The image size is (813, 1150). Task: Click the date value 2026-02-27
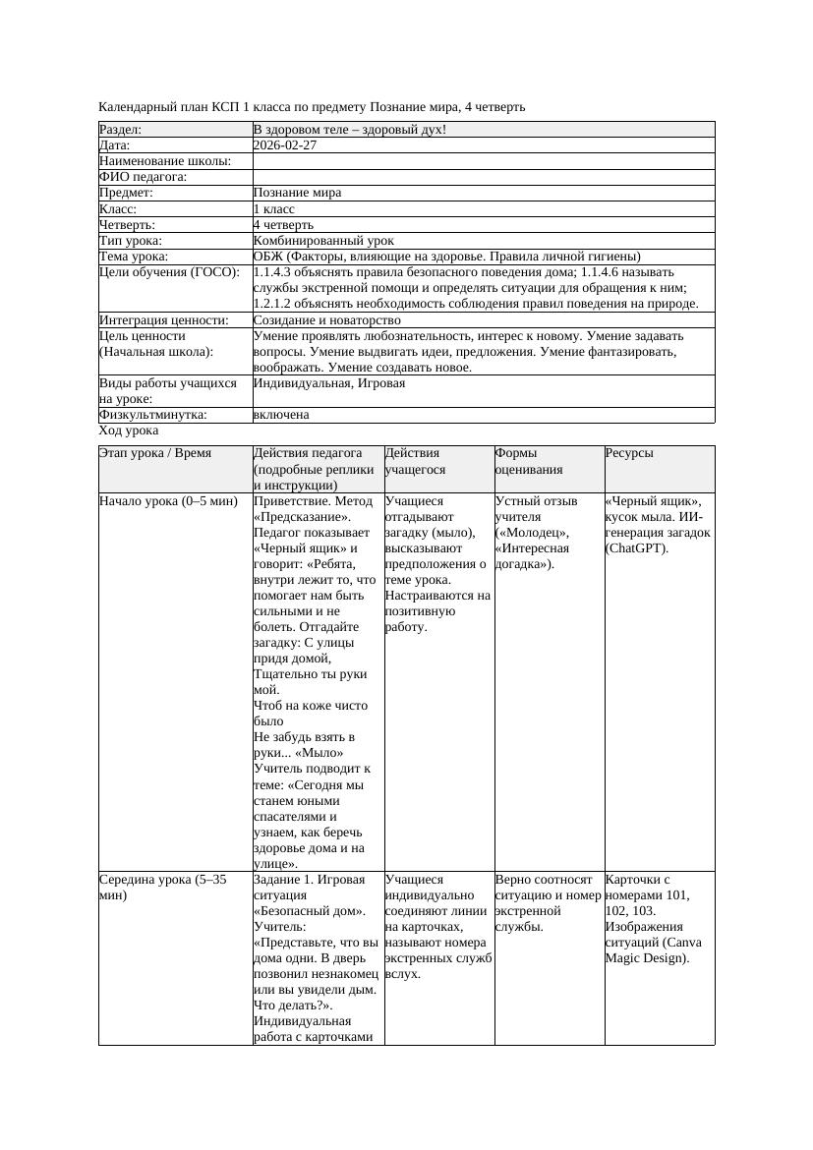[285, 144]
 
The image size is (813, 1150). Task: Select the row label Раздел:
[121, 129]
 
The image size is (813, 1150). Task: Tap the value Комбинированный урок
[323, 240]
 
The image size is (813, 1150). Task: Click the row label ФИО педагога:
[144, 177]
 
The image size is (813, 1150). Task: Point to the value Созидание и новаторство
[326, 319]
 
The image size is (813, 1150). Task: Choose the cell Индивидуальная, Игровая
[329, 383]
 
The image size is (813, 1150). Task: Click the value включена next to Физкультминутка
[281, 415]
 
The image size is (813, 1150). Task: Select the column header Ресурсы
[629, 453]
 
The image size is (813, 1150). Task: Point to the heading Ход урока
[129, 431]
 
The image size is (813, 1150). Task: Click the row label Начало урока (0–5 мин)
[168, 501]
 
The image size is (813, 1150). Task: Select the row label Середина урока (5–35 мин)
[162, 888]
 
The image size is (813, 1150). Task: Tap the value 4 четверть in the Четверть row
[283, 224]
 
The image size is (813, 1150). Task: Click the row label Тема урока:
[134, 256]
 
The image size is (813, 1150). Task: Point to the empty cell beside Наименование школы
[483, 161]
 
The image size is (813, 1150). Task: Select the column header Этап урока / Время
[155, 453]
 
